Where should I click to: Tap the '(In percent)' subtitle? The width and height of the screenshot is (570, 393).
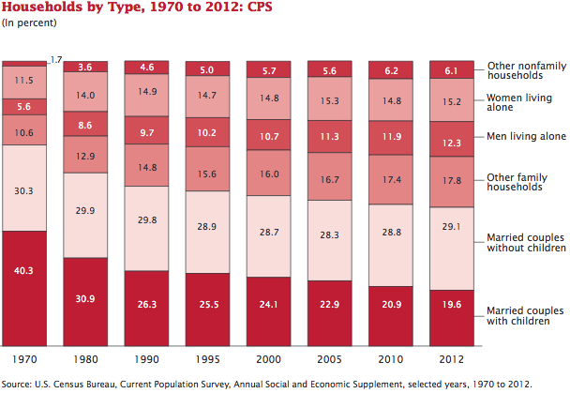(27, 23)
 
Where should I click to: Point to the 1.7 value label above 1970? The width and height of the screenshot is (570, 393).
(57, 59)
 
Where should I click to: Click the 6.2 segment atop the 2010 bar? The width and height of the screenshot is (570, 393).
(396, 70)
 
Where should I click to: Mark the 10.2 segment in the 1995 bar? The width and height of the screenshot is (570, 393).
(213, 132)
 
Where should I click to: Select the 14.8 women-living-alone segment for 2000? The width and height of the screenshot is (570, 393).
(274, 98)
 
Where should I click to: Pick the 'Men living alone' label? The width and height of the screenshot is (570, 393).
(527, 136)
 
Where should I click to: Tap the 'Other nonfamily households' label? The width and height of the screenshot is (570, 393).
(527, 70)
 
